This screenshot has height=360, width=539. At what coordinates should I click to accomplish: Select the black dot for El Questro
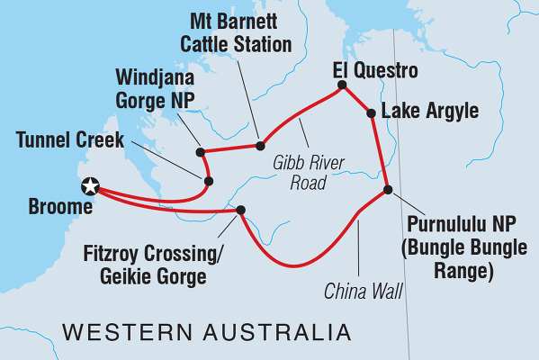pos(342,86)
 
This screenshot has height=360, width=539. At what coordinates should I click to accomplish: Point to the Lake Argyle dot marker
pos(370,112)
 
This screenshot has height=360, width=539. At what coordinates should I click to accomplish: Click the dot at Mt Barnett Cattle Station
pos(260,145)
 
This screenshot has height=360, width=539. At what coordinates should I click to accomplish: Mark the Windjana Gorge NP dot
pos(198,151)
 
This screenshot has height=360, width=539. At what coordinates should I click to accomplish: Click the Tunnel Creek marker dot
pos(209,181)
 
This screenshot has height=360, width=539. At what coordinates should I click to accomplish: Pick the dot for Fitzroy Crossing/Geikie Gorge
pos(240,211)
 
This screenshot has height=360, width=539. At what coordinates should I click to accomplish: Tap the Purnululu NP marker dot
pos(388,189)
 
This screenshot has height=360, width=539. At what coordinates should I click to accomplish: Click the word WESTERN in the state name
pos(122,333)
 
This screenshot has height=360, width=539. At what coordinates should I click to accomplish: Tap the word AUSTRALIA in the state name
pos(274,333)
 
